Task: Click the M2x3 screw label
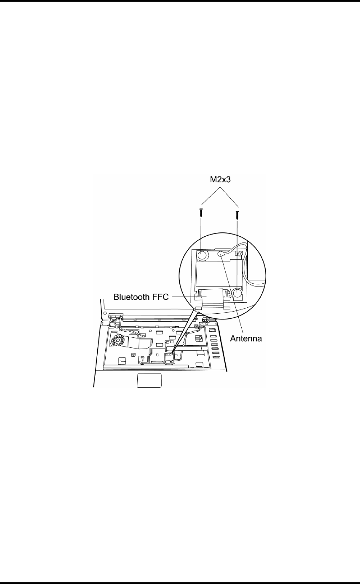coord(220,180)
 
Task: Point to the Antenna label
coord(246,339)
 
